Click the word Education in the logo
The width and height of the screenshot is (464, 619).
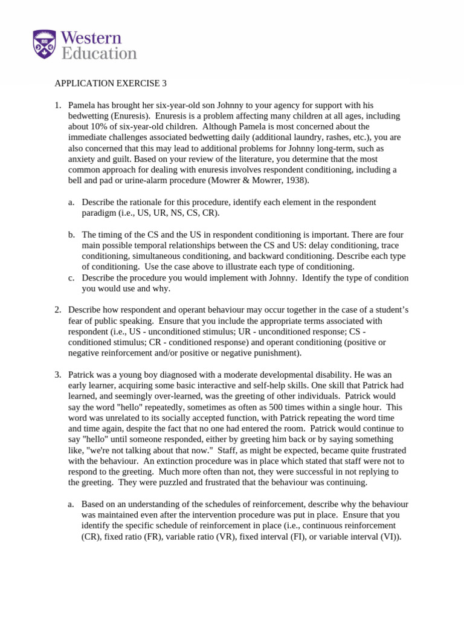(x=99, y=53)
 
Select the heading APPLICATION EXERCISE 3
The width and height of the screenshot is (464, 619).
(x=101, y=83)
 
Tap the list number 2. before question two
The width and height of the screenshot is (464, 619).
(x=58, y=310)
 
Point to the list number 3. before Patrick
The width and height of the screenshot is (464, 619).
(x=58, y=375)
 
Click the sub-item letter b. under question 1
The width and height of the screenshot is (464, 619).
(x=71, y=235)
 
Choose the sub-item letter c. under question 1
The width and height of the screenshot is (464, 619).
(x=71, y=278)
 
